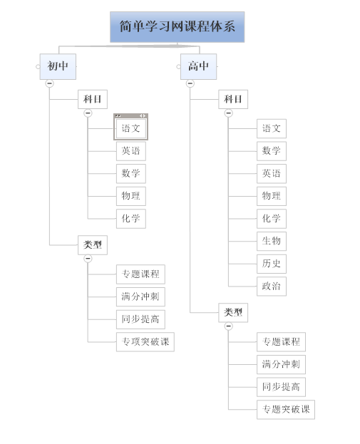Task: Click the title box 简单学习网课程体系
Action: tap(177, 27)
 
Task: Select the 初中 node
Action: tap(58, 66)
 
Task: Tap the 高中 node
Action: tap(199, 66)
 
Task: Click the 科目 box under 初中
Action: tap(93, 99)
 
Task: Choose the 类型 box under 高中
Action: tap(233, 313)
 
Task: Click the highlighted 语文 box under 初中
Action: tap(131, 128)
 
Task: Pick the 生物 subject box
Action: tap(272, 242)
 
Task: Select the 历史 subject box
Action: tap(272, 264)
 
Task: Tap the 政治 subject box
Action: tap(272, 286)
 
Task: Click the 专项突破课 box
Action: tap(145, 342)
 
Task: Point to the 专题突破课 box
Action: tap(286, 410)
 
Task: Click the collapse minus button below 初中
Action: tap(50, 83)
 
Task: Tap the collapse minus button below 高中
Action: tap(190, 83)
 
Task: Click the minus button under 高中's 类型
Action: tap(229, 326)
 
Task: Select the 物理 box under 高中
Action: tap(272, 196)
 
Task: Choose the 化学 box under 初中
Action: tap(131, 219)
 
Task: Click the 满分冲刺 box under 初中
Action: tap(140, 296)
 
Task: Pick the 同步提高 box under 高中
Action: tap(282, 387)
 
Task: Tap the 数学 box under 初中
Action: tap(131, 173)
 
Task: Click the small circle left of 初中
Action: tap(38, 67)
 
